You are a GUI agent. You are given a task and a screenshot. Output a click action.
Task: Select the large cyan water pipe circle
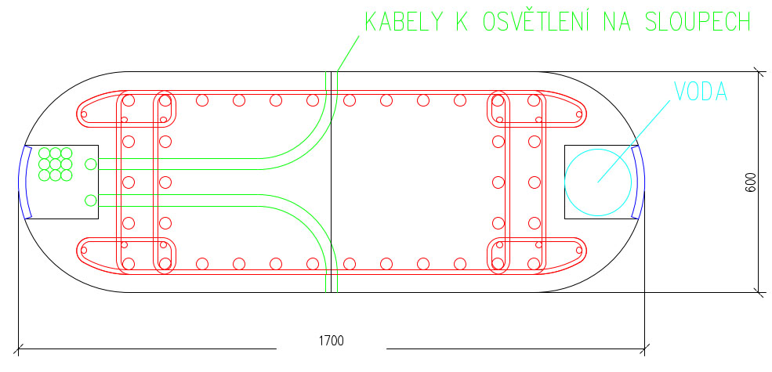coord(598,182)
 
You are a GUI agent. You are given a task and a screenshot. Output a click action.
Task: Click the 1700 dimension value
coord(332,341)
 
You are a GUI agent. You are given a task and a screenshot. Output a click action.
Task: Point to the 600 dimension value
coord(751,182)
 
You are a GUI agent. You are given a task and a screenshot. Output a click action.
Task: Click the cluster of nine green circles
coord(55,164)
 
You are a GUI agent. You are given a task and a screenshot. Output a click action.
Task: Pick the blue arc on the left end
coord(24,182)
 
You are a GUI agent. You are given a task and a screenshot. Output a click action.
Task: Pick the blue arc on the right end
coord(640,182)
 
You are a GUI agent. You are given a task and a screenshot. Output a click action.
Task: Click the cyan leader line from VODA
coord(635,142)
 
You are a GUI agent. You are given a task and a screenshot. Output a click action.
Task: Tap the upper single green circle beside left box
coord(91,164)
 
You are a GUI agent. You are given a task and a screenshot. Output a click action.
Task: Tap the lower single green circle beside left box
coord(91,200)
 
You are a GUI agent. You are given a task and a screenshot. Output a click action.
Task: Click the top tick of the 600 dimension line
coord(759,71)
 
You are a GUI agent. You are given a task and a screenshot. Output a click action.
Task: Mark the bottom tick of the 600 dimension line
coord(759,292)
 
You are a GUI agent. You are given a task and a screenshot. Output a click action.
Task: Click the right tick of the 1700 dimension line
coord(644,346)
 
